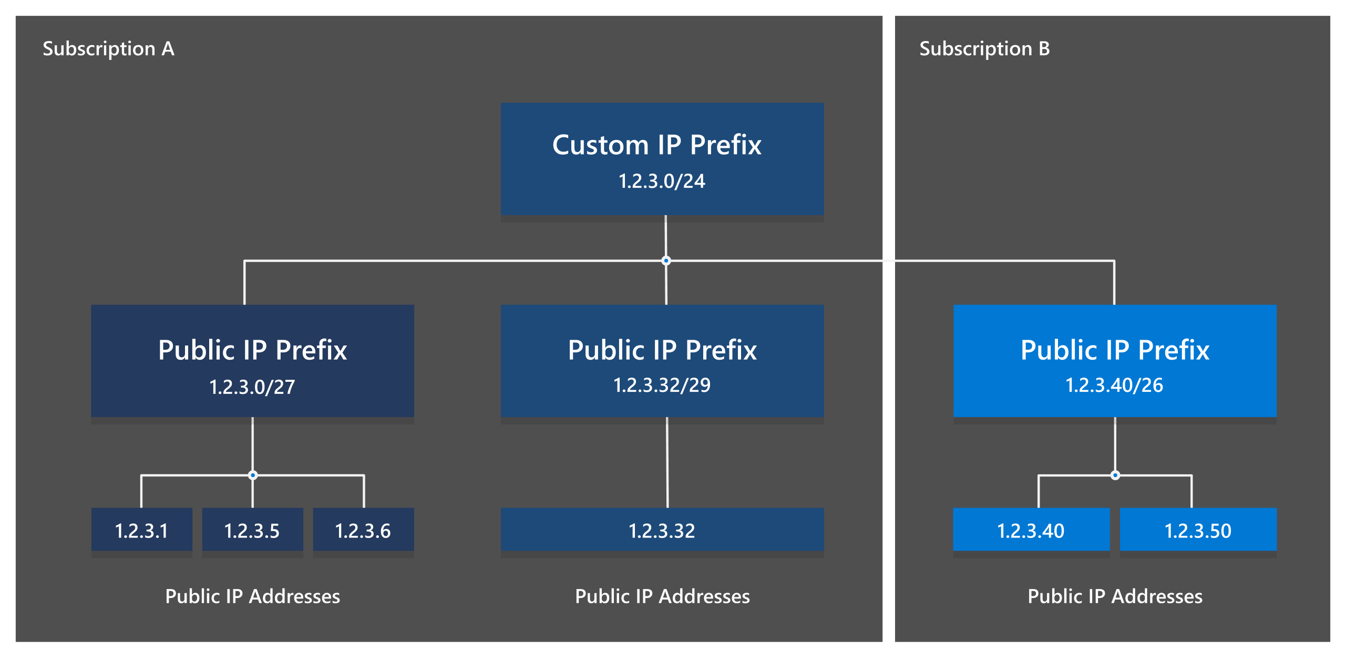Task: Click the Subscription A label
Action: click(x=108, y=49)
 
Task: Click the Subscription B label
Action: click(x=984, y=49)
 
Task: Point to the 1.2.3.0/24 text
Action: click(x=662, y=181)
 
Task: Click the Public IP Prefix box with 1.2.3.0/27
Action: click(x=252, y=360)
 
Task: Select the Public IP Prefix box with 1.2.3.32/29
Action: click(x=662, y=360)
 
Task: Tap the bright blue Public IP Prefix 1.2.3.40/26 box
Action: click(x=1115, y=360)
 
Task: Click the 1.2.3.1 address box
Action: click(x=141, y=530)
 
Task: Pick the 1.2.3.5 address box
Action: click(x=252, y=530)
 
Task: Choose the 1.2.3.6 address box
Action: click(x=363, y=530)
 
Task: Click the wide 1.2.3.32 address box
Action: click(x=662, y=530)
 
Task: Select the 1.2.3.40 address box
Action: click(x=1031, y=530)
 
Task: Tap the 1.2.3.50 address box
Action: click(x=1198, y=530)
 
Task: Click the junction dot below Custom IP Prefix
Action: click(x=666, y=260)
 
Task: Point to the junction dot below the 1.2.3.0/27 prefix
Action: click(x=253, y=475)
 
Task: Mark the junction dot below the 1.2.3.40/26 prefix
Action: click(x=1115, y=475)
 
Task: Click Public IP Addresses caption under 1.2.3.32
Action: click(x=662, y=596)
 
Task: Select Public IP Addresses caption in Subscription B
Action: click(x=1115, y=596)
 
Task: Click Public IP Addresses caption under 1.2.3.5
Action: click(x=252, y=596)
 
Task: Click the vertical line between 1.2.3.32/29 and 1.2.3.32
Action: click(x=667, y=463)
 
